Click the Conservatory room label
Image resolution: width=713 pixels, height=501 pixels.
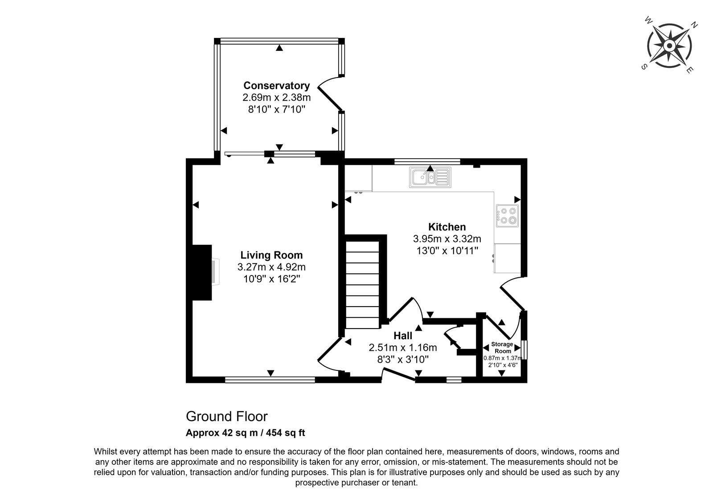point(276,86)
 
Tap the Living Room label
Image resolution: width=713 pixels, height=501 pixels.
point(271,255)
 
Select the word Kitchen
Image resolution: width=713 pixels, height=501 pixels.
point(447,227)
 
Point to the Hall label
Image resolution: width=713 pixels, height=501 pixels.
point(403,336)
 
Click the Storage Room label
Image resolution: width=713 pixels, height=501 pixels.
point(502,347)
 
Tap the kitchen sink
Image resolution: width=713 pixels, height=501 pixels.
point(430,177)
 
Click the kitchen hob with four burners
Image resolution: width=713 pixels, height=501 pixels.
point(507,215)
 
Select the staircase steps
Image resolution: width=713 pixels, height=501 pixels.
point(362,285)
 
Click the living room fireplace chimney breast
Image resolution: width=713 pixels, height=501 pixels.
point(202,272)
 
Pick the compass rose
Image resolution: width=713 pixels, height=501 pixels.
point(669,46)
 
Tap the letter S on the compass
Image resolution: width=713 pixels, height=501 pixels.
point(644,67)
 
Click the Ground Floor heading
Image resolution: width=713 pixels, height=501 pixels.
point(227,416)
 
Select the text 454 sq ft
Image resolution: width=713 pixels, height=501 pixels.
point(286,433)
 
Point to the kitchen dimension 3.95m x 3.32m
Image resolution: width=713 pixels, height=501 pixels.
point(447,239)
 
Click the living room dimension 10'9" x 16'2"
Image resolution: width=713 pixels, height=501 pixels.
point(271,279)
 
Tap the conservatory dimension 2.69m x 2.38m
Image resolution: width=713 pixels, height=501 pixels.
point(276,97)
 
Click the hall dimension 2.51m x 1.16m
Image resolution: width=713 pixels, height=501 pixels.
point(403,347)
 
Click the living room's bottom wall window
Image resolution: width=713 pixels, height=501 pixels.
point(270,379)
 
